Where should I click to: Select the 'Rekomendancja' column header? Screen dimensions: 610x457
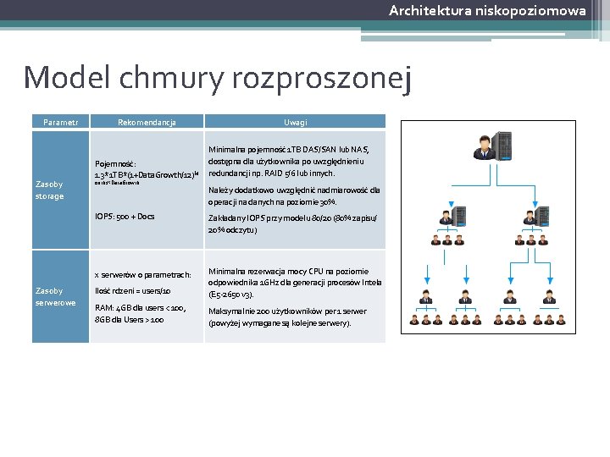pyautogui.click(x=147, y=122)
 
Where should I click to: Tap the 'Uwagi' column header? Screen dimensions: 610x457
pyautogui.click(x=295, y=122)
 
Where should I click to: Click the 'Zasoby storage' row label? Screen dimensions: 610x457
pyautogui.click(x=49, y=190)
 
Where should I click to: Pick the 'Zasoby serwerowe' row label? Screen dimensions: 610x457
pyautogui.click(x=55, y=296)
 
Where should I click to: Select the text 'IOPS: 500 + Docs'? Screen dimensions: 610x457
pyautogui.click(x=125, y=217)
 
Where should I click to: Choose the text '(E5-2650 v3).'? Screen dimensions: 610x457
pyautogui.click(x=234, y=295)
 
